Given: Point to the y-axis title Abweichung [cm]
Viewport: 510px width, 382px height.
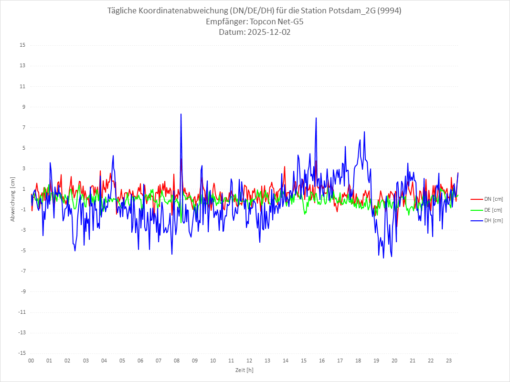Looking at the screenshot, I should (13, 199).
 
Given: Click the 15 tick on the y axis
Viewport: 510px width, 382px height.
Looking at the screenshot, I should (22, 45).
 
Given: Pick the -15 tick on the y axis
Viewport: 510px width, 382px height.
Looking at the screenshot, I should (21, 353).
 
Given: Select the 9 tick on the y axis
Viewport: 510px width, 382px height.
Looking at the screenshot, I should (23, 107).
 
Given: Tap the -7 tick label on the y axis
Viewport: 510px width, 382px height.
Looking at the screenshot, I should (22, 271).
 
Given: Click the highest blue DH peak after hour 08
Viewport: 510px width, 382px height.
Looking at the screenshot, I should (181, 114).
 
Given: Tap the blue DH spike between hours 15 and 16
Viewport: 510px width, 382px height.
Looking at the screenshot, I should (316, 118).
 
